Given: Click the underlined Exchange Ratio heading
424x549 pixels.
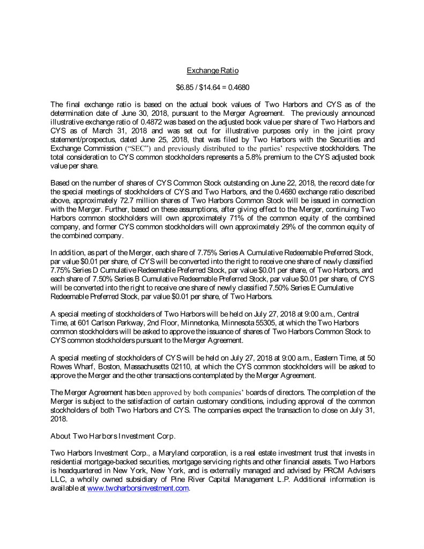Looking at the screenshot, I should click(212, 71).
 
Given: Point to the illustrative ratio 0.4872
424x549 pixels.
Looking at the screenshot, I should click(146, 114).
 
